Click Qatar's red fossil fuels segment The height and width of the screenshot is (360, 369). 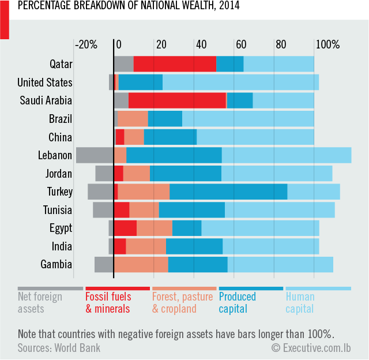[x=175, y=63]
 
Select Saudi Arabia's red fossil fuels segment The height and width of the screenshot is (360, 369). [x=177, y=100]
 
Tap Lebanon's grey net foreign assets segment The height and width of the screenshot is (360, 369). [x=95, y=155]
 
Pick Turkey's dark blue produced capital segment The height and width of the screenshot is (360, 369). [x=228, y=192]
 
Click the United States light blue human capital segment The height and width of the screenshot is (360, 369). [x=240, y=82]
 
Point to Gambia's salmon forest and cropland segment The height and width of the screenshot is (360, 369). [x=141, y=265]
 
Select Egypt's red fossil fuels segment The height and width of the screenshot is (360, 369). [x=125, y=228]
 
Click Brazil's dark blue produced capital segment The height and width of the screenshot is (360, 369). [x=165, y=119]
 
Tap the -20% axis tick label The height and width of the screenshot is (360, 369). [x=86, y=44]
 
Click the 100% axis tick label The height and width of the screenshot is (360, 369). [x=328, y=44]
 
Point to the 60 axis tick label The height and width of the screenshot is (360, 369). [x=240, y=44]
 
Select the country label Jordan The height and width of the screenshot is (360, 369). [x=59, y=174]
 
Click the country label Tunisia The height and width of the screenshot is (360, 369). [x=58, y=210]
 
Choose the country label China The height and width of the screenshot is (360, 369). [x=61, y=137]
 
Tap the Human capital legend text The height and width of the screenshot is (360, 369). [x=300, y=303]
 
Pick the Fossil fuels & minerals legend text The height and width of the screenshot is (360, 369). [x=108, y=303]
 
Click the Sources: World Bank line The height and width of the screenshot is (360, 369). [x=59, y=347]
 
